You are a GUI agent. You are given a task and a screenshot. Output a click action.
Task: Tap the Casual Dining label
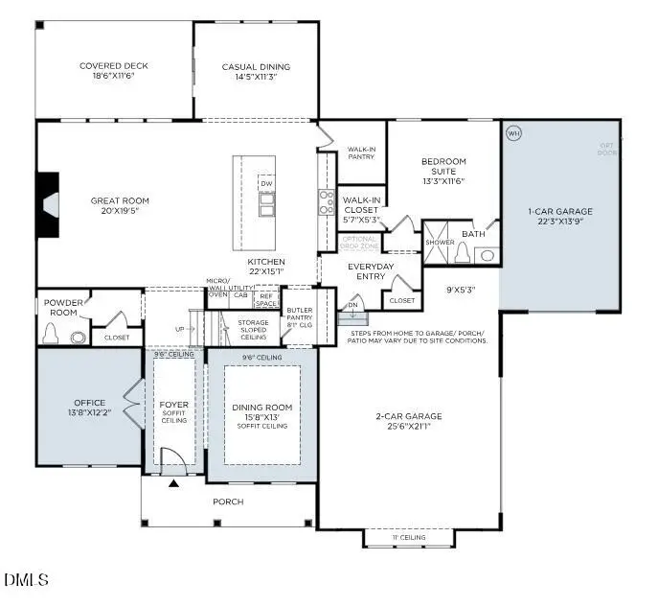coord(256,66)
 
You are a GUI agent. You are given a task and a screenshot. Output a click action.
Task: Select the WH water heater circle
coord(512,132)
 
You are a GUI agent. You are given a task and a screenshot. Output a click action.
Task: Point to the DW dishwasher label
coord(266,182)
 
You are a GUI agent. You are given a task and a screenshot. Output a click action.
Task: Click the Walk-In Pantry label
coord(361,153)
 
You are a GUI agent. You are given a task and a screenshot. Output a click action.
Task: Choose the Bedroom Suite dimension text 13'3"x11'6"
coord(443,181)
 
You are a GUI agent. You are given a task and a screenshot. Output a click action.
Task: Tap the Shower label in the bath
coord(441,242)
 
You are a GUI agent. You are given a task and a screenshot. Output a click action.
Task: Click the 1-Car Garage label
coord(560,211)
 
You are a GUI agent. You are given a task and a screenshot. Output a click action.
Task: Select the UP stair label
coord(179,330)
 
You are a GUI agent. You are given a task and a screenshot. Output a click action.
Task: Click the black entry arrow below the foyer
coord(173,484)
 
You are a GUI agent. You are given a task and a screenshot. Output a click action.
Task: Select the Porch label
coord(227,502)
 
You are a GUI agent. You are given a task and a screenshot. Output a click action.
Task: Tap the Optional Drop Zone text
coord(360,242)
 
